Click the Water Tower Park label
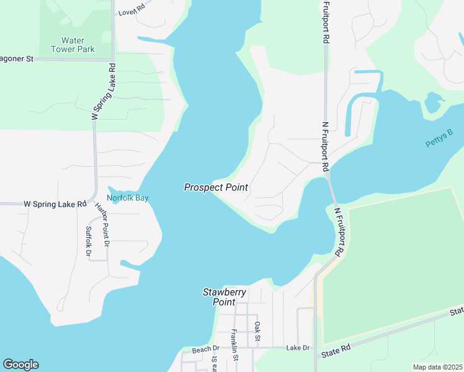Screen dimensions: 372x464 pyautogui.click(x=73, y=45)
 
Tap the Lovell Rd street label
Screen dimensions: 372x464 pyautogui.click(x=132, y=11)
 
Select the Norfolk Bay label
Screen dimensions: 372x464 pyautogui.click(x=128, y=198)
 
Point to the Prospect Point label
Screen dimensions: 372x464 pyautogui.click(x=216, y=187)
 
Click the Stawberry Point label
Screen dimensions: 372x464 pyautogui.click(x=225, y=297)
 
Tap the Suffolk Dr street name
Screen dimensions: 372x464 pyautogui.click(x=87, y=241)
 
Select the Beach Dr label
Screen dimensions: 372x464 pyautogui.click(x=206, y=350)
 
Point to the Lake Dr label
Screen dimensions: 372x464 pyautogui.click(x=298, y=348)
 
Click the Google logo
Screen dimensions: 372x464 pyautogui.click(x=20, y=365)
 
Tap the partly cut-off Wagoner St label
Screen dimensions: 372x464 pyautogui.click(x=16, y=59)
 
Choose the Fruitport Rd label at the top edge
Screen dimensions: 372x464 pyautogui.click(x=326, y=22)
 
